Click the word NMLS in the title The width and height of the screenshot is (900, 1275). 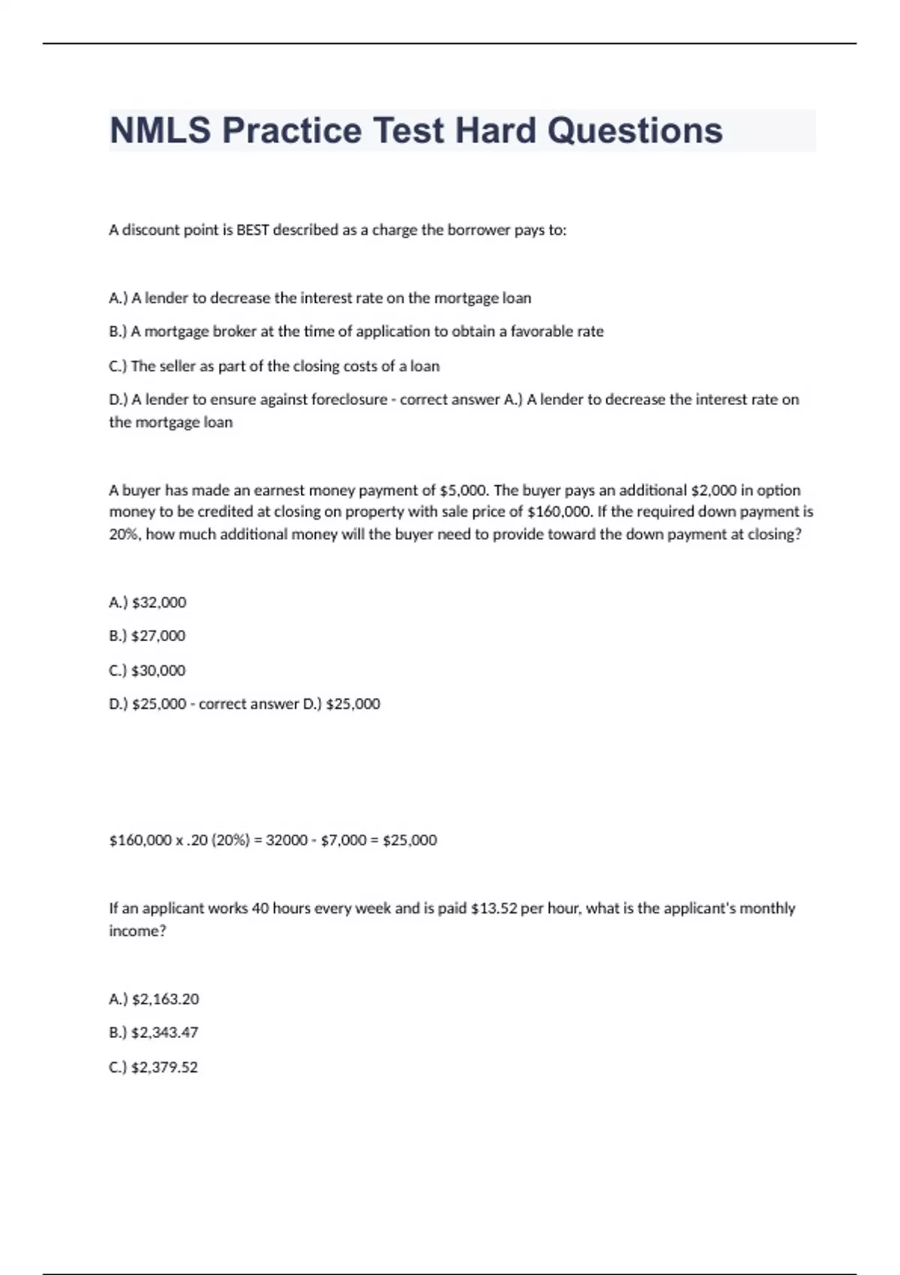coord(160,130)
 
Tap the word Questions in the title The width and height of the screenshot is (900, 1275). coord(634,130)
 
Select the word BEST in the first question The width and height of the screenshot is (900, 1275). coord(253,230)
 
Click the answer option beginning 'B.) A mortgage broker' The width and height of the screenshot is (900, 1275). coord(355,331)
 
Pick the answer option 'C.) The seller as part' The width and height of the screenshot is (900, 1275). coord(274,366)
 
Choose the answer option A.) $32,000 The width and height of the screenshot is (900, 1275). coord(148,602)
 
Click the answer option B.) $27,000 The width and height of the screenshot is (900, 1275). coord(147,636)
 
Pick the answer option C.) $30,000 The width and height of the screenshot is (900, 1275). coord(147,670)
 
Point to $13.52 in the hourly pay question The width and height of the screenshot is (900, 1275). coord(493,908)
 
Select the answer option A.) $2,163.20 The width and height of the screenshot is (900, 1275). coord(154,999)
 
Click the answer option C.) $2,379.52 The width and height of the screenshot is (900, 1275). coord(153,1067)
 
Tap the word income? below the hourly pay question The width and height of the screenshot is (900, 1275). coord(137,931)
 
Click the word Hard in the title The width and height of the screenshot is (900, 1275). coord(496,130)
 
